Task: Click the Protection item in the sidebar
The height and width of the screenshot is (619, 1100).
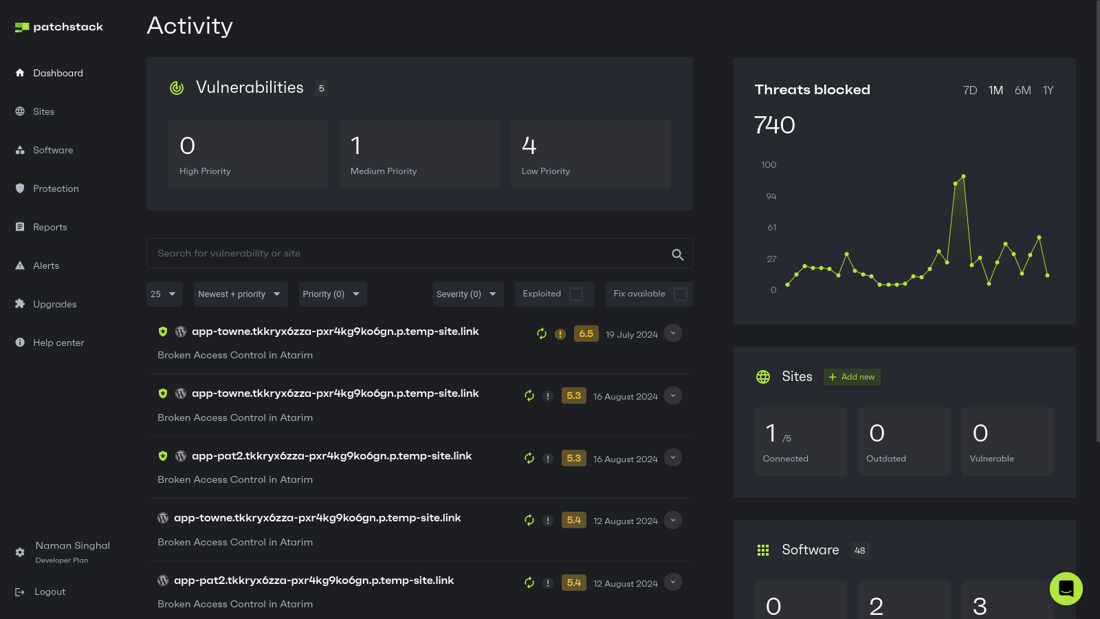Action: [56, 188]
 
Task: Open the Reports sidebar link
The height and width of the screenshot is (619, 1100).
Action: [49, 227]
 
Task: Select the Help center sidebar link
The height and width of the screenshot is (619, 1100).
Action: [58, 343]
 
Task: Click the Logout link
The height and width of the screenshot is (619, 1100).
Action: [49, 591]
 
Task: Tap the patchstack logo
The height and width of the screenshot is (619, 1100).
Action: [59, 27]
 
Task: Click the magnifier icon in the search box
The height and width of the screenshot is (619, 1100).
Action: [677, 254]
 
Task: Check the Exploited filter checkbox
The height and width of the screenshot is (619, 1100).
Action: [576, 294]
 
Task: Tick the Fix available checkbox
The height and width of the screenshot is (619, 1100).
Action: [681, 294]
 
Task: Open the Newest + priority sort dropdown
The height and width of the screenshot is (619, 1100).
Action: [240, 294]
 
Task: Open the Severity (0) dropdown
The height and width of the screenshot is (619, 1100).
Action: [467, 294]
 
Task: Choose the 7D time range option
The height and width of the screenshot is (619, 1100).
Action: [970, 90]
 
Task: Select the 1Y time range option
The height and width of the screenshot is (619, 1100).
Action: [1048, 90]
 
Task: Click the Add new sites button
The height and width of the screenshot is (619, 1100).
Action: [852, 377]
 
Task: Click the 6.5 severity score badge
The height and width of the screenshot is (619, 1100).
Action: [586, 334]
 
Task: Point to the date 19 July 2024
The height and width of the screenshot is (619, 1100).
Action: [631, 335]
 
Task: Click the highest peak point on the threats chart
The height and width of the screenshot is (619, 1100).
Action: [964, 177]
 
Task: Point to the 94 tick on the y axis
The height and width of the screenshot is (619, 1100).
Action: [771, 197]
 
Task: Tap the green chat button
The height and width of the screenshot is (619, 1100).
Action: [1066, 589]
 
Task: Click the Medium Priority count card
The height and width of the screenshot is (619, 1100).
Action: [419, 154]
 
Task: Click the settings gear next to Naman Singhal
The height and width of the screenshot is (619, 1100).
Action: [20, 552]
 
